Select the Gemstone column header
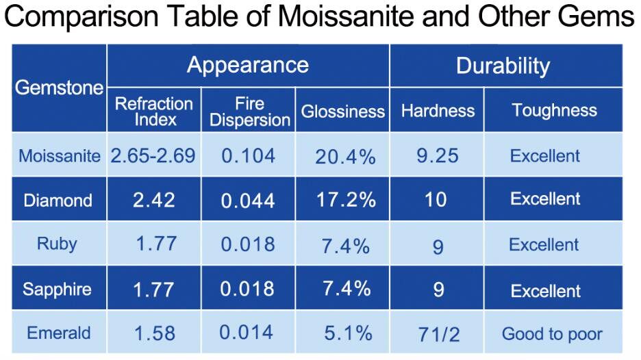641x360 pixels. click(x=59, y=88)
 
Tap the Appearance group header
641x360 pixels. click(x=247, y=65)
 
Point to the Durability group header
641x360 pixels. click(x=503, y=66)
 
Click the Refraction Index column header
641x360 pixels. click(x=153, y=112)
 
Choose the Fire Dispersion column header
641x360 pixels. click(x=249, y=112)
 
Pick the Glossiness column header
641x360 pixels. click(x=342, y=112)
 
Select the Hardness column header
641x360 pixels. click(x=438, y=110)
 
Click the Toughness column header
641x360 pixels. click(x=554, y=110)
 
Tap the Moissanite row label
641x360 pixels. click(x=60, y=156)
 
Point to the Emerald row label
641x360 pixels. click(x=58, y=333)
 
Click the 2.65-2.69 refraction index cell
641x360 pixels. click(x=153, y=155)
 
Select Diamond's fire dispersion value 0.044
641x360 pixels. click(x=248, y=201)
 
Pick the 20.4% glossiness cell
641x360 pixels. click(x=345, y=157)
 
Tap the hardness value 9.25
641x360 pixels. click(x=438, y=156)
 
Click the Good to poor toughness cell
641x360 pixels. click(x=552, y=334)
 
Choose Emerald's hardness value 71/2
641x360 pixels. click(x=438, y=335)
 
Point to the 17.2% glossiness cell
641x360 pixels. click(x=346, y=200)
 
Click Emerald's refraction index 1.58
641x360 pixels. click(x=155, y=334)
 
